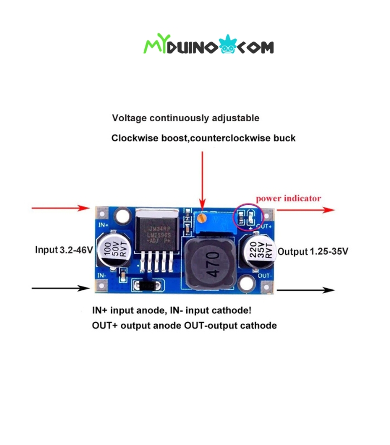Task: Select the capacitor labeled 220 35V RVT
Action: click(x=258, y=251)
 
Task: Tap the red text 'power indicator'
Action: click(x=288, y=198)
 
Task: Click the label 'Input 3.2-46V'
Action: click(x=64, y=250)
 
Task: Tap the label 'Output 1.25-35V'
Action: click(x=313, y=251)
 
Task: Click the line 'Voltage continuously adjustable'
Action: click(x=186, y=118)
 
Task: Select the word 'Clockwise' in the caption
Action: click(x=133, y=137)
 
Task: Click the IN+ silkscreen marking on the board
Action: click(x=103, y=225)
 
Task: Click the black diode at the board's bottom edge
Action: click(x=147, y=286)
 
